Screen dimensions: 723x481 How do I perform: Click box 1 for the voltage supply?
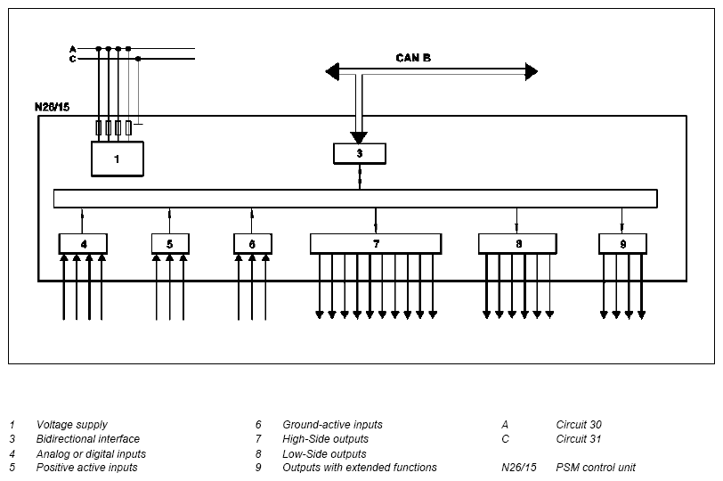pyautogui.click(x=118, y=159)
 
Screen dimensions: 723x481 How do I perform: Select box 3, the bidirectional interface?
pyautogui.click(x=360, y=153)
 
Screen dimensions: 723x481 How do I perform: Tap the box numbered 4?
pyautogui.click(x=83, y=243)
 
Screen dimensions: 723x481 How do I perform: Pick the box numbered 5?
pyautogui.click(x=170, y=243)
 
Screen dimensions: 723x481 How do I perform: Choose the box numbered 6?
pyautogui.click(x=253, y=243)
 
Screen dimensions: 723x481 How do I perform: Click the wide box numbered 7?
pyautogui.click(x=376, y=243)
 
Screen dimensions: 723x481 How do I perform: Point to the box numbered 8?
pyautogui.click(x=517, y=243)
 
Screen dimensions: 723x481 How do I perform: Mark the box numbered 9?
pyautogui.click(x=622, y=243)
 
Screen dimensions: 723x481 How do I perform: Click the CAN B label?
pyautogui.click(x=413, y=58)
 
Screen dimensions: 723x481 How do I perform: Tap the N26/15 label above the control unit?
pyautogui.click(x=53, y=107)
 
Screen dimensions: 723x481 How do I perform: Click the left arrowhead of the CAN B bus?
pyautogui.click(x=332, y=71)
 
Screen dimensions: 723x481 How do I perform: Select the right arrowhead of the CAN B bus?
pyautogui.click(x=532, y=71)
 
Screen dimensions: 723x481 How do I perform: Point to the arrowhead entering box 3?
pyautogui.click(x=359, y=137)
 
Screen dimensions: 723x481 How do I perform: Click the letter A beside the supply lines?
pyautogui.click(x=72, y=49)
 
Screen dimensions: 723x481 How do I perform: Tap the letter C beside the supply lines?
pyautogui.click(x=72, y=59)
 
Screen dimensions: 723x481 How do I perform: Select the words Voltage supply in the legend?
pyautogui.click(x=72, y=425)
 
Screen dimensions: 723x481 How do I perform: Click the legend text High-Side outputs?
pyautogui.click(x=326, y=439)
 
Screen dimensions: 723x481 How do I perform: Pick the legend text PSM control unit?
pyautogui.click(x=596, y=468)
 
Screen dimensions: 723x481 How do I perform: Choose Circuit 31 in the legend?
pyautogui.click(x=579, y=439)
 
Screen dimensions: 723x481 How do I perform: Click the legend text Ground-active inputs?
pyautogui.click(x=332, y=425)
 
